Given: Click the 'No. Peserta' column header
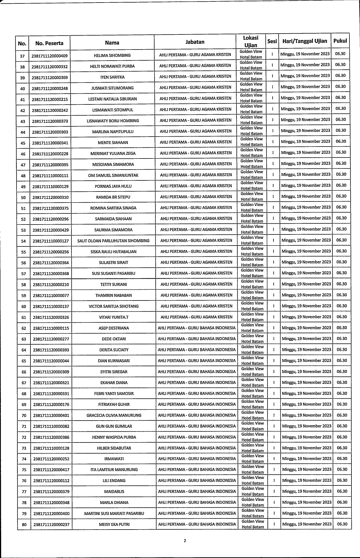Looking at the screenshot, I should [x=49, y=43].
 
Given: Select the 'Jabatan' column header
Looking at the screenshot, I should [x=195, y=42].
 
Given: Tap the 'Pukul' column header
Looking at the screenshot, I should [x=340, y=41].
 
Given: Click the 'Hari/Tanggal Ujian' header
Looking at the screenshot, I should [x=305, y=41].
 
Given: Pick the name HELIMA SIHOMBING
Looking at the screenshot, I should [x=112, y=55].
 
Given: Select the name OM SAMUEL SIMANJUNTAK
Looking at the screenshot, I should [x=113, y=175].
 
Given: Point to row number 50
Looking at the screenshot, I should [x=23, y=197].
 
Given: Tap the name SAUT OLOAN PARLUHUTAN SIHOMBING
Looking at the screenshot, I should [x=113, y=241].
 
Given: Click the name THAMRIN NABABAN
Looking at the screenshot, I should [x=114, y=295].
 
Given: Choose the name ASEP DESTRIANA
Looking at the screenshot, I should [x=114, y=328].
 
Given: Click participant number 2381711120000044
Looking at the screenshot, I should [x=51, y=361].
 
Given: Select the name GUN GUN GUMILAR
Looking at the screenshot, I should [x=114, y=426].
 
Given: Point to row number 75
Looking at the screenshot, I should [x=24, y=470].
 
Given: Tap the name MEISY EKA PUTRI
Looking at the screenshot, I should [x=114, y=524].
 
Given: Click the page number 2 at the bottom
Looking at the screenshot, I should [x=185, y=541].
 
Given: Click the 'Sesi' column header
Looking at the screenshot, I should [x=272, y=41].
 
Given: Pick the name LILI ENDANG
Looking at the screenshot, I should [x=114, y=481].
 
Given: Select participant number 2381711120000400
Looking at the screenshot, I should [x=52, y=514].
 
